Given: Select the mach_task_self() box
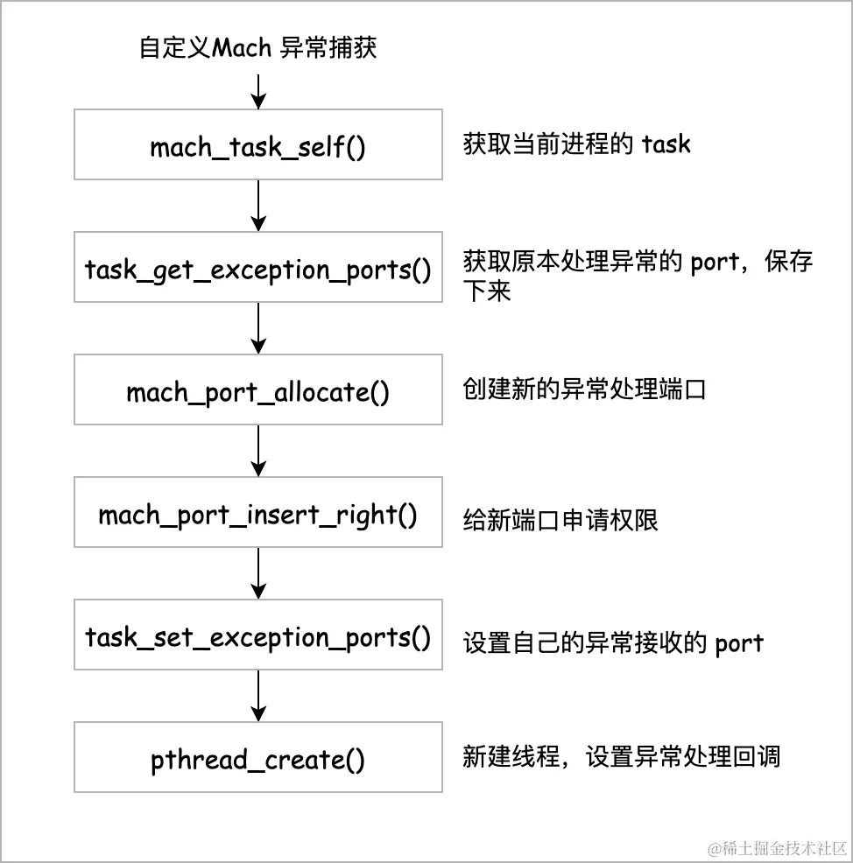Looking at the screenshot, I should pos(258,145).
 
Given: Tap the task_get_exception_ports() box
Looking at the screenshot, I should pos(258,268).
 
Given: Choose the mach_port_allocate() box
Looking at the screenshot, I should pos(258,390).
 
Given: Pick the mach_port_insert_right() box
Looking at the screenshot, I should pos(258,513).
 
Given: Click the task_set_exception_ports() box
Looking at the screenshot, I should pos(258,635).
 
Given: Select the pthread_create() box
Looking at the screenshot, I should pos(258,758).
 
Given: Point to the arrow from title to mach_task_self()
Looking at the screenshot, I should pos(258,89).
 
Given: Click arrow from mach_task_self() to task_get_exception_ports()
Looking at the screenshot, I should pos(258,207).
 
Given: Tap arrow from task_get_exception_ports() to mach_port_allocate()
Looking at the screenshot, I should pos(258,329).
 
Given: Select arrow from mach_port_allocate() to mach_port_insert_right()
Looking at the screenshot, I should pos(258,452).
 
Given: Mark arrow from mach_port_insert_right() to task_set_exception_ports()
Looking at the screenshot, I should pos(258,574).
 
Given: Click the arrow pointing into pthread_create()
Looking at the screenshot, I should pos(258,697).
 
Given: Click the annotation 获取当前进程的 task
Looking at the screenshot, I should pos(576,144).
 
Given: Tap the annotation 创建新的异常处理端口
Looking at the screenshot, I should pos(584,389).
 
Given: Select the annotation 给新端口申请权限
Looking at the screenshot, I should pos(560,521).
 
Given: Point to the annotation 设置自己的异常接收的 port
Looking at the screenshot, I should pos(613,643).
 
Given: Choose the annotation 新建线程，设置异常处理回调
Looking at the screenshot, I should pos(621,756).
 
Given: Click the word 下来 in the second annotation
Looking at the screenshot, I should pos(487,291).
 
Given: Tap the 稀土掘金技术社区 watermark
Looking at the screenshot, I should pos(775,847).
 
